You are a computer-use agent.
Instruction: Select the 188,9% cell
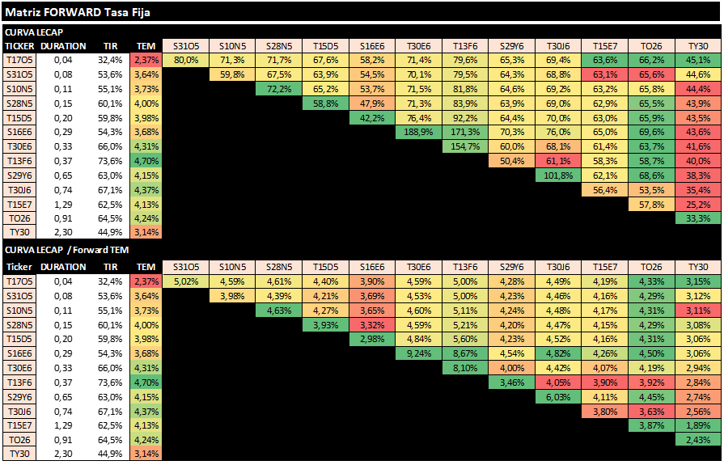tap(419, 132)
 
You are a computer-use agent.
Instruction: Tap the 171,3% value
tap(466, 132)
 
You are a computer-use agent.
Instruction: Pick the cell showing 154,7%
tap(466, 146)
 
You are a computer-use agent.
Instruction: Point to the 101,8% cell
tap(559, 175)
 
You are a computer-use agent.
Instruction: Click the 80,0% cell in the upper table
tap(186, 59)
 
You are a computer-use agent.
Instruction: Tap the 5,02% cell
tap(186, 281)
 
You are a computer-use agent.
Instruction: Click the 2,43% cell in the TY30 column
tap(698, 440)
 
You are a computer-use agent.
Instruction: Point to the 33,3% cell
tap(698, 219)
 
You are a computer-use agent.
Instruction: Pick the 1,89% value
tap(698, 425)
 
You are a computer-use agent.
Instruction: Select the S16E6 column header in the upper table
tap(372, 45)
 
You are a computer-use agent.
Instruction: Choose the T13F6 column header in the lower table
tap(466, 267)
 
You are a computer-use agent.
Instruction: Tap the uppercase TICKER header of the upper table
tap(19, 45)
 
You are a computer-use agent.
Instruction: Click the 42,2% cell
tap(372, 117)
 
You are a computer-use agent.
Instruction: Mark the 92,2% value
tap(466, 117)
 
